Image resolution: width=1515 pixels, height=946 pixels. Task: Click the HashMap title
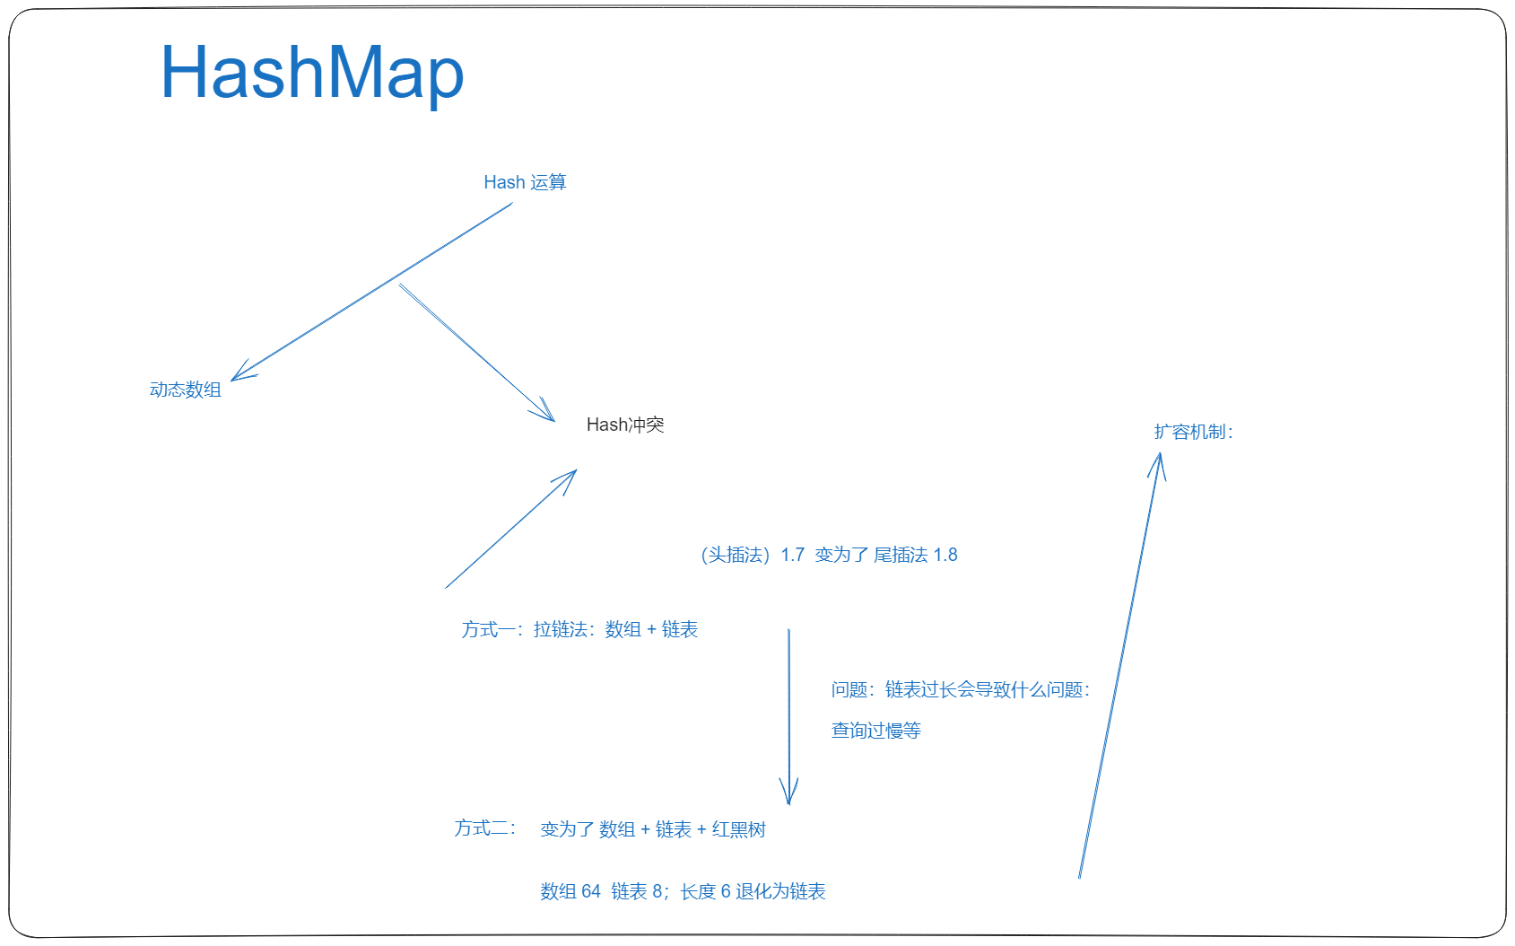point(312,73)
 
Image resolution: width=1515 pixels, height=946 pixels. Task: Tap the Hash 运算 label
point(525,182)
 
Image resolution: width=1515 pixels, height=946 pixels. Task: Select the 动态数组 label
point(186,390)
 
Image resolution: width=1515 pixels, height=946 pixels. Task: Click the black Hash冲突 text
point(625,425)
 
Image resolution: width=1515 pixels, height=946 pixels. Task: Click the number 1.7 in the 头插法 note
point(793,555)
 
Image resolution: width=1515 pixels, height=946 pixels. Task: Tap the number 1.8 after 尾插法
point(945,555)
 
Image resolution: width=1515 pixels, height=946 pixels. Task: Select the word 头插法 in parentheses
point(736,555)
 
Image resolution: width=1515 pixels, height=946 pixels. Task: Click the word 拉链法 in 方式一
point(561,629)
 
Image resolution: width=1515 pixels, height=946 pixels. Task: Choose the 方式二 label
point(481,828)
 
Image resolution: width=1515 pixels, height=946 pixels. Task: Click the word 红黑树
point(738,829)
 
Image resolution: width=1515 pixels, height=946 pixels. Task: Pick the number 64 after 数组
point(590,891)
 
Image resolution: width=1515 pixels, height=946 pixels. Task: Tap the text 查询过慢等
point(875,730)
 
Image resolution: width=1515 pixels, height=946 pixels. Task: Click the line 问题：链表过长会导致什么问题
point(961,689)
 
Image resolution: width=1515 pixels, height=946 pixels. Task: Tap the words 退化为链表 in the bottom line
point(780,891)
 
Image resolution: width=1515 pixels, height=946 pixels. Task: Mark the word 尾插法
point(901,555)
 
